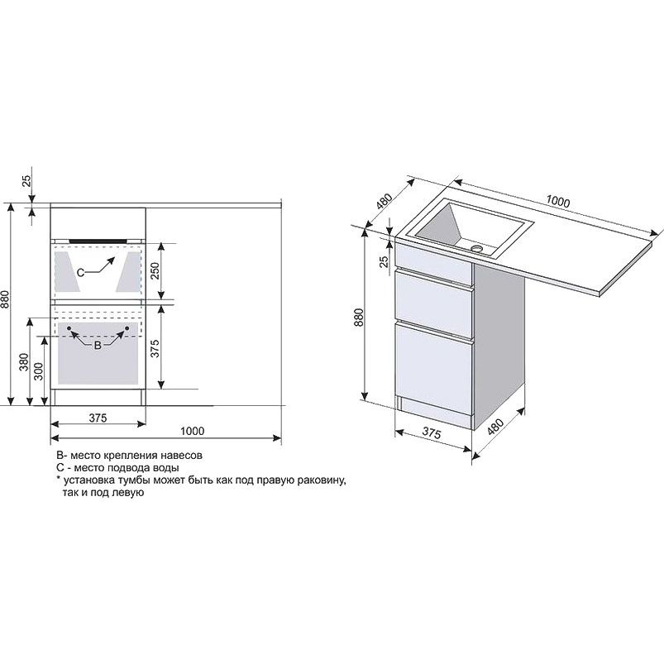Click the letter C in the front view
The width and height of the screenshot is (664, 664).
click(80, 272)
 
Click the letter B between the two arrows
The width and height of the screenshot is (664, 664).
click(98, 346)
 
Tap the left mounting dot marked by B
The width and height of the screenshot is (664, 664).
click(69, 328)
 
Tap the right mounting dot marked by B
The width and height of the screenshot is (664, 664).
click(127, 328)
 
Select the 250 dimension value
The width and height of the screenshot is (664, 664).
click(155, 271)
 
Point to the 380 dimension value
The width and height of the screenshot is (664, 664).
click(24, 362)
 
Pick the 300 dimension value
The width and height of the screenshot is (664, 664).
click(39, 371)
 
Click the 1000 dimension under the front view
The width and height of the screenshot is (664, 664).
click(193, 431)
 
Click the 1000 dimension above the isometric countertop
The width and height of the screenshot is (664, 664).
click(557, 202)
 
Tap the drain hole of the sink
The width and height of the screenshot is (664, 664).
click(477, 248)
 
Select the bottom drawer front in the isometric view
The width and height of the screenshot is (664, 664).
click(433, 368)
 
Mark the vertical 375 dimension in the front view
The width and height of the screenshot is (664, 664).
click(155, 348)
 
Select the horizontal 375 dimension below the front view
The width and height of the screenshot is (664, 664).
click(98, 418)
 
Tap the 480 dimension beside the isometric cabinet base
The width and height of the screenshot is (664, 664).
click(495, 427)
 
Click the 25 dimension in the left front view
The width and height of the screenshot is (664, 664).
click(26, 181)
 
